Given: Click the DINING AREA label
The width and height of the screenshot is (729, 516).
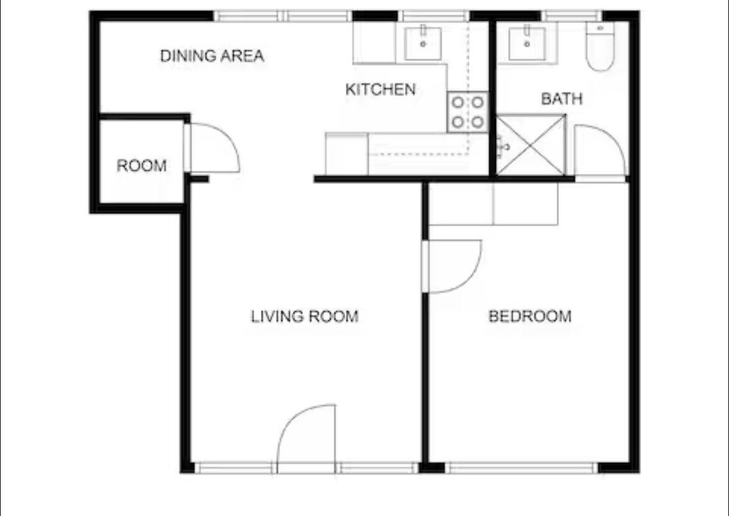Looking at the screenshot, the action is [212, 56].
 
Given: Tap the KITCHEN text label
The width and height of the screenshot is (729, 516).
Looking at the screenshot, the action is [380, 89].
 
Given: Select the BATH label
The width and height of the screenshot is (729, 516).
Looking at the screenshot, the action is [561, 98].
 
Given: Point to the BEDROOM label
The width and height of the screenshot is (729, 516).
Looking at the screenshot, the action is [530, 316].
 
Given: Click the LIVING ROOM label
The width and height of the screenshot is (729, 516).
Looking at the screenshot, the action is [305, 316].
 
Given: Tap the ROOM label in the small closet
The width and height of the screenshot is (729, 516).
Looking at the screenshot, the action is [141, 166].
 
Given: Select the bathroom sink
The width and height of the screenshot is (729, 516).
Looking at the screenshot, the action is [526, 44].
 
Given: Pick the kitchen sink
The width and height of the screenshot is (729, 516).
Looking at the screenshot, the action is [422, 43].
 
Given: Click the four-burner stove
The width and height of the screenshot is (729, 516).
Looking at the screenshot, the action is [468, 112].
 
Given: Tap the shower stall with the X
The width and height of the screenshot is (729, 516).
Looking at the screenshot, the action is [531, 145].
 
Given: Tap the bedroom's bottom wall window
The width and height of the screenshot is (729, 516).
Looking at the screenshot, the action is [521, 467].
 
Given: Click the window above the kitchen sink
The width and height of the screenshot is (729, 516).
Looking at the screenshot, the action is [434, 16].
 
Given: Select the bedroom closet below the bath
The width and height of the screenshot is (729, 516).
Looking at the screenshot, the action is [493, 204].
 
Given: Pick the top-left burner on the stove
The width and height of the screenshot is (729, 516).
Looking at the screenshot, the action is [458, 102].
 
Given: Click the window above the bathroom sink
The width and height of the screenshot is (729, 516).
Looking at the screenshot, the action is [571, 16].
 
